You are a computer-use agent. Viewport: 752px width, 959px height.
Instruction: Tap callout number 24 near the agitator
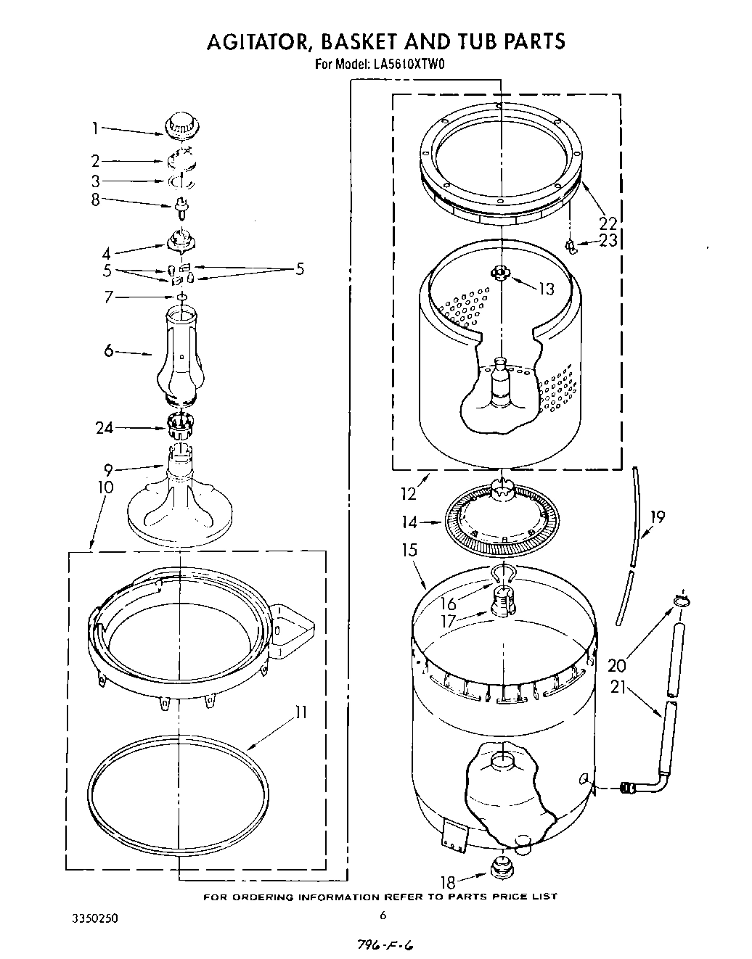(105, 428)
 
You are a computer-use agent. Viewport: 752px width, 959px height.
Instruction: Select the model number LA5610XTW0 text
(408, 64)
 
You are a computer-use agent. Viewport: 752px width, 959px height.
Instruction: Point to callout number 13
(545, 289)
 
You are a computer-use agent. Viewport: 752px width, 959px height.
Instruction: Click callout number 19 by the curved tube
(657, 518)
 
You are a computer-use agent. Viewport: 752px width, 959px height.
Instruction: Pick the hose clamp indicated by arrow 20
(680, 599)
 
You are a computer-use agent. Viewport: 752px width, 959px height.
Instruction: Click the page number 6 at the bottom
(382, 915)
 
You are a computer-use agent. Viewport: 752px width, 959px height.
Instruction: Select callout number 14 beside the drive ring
(409, 522)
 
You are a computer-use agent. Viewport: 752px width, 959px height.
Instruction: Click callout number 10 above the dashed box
(105, 487)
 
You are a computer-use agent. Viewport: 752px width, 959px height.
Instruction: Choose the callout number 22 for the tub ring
(607, 223)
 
